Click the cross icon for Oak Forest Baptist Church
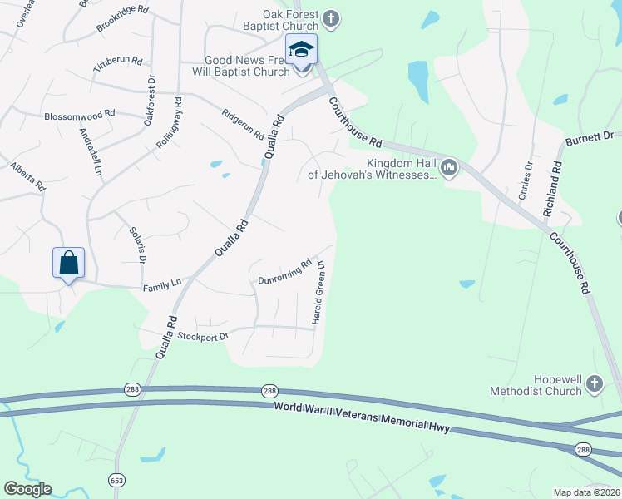[331, 19]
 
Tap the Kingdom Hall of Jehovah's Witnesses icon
[449, 168]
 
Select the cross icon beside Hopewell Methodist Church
[594, 383]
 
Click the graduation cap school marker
[301, 51]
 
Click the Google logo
[27, 489]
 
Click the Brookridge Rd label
[121, 20]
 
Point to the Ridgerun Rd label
[243, 124]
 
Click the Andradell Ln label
[90, 151]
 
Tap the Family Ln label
[162, 284]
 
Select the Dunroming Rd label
[284, 270]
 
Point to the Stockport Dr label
[202, 336]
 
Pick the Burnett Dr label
[590, 138]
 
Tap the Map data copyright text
[587, 492]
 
